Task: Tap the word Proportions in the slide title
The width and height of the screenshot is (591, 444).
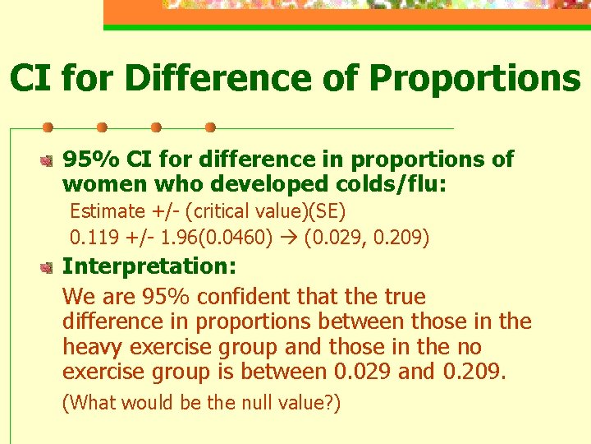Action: (x=474, y=78)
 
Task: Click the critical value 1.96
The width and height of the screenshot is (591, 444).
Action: (x=178, y=238)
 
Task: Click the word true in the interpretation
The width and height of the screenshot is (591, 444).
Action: (x=400, y=295)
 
